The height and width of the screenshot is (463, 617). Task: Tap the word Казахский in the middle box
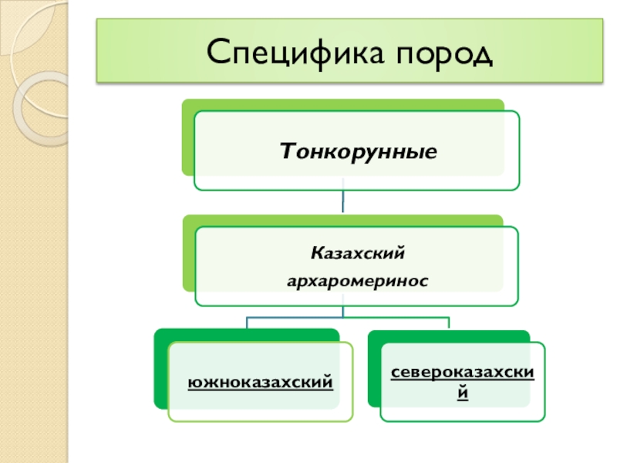point(357,252)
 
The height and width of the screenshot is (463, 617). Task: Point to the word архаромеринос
point(357,282)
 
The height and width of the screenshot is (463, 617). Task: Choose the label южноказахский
point(261,380)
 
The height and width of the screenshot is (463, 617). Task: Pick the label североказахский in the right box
point(463,373)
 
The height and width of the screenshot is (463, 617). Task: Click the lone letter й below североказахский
point(463,392)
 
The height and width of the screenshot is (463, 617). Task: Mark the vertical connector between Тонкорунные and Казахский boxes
point(343,202)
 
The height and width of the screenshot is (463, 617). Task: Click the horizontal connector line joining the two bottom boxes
point(347,317)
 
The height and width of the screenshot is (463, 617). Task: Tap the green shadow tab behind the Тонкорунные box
point(187,139)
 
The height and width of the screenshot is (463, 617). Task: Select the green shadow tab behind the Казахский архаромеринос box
point(188,255)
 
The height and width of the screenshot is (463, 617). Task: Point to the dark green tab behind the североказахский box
point(373,370)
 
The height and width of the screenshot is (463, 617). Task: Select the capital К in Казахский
point(315,252)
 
